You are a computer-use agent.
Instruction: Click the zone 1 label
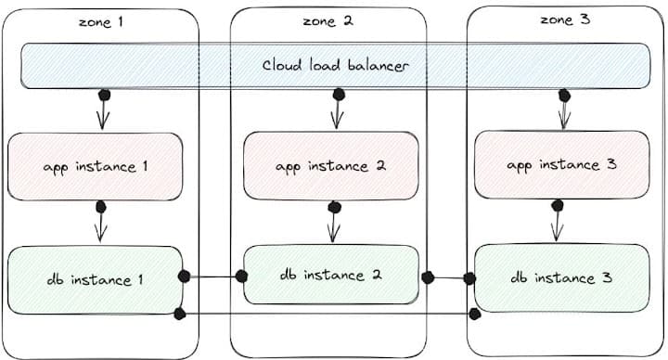tap(100, 21)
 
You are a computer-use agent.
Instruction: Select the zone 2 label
tap(328, 21)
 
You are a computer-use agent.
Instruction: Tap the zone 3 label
tap(565, 19)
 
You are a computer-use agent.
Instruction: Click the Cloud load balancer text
tap(335, 66)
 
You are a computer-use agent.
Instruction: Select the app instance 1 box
tap(96, 167)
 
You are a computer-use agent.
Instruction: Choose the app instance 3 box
tap(561, 165)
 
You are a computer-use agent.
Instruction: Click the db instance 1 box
tap(96, 279)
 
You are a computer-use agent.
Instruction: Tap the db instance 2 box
tap(331, 275)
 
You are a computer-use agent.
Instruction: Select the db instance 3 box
tap(561, 277)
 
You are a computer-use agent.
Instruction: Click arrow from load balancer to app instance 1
tap(103, 111)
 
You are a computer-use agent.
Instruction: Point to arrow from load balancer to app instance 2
tap(339, 111)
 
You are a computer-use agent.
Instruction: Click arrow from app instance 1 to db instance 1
tap(101, 224)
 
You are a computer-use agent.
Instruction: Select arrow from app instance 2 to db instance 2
tap(333, 224)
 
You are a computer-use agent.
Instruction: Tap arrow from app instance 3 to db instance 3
tap(558, 224)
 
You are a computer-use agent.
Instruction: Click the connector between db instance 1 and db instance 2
tap(212, 276)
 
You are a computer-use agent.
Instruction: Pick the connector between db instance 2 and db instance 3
tap(449, 276)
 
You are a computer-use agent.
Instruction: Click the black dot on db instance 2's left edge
tap(241, 276)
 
